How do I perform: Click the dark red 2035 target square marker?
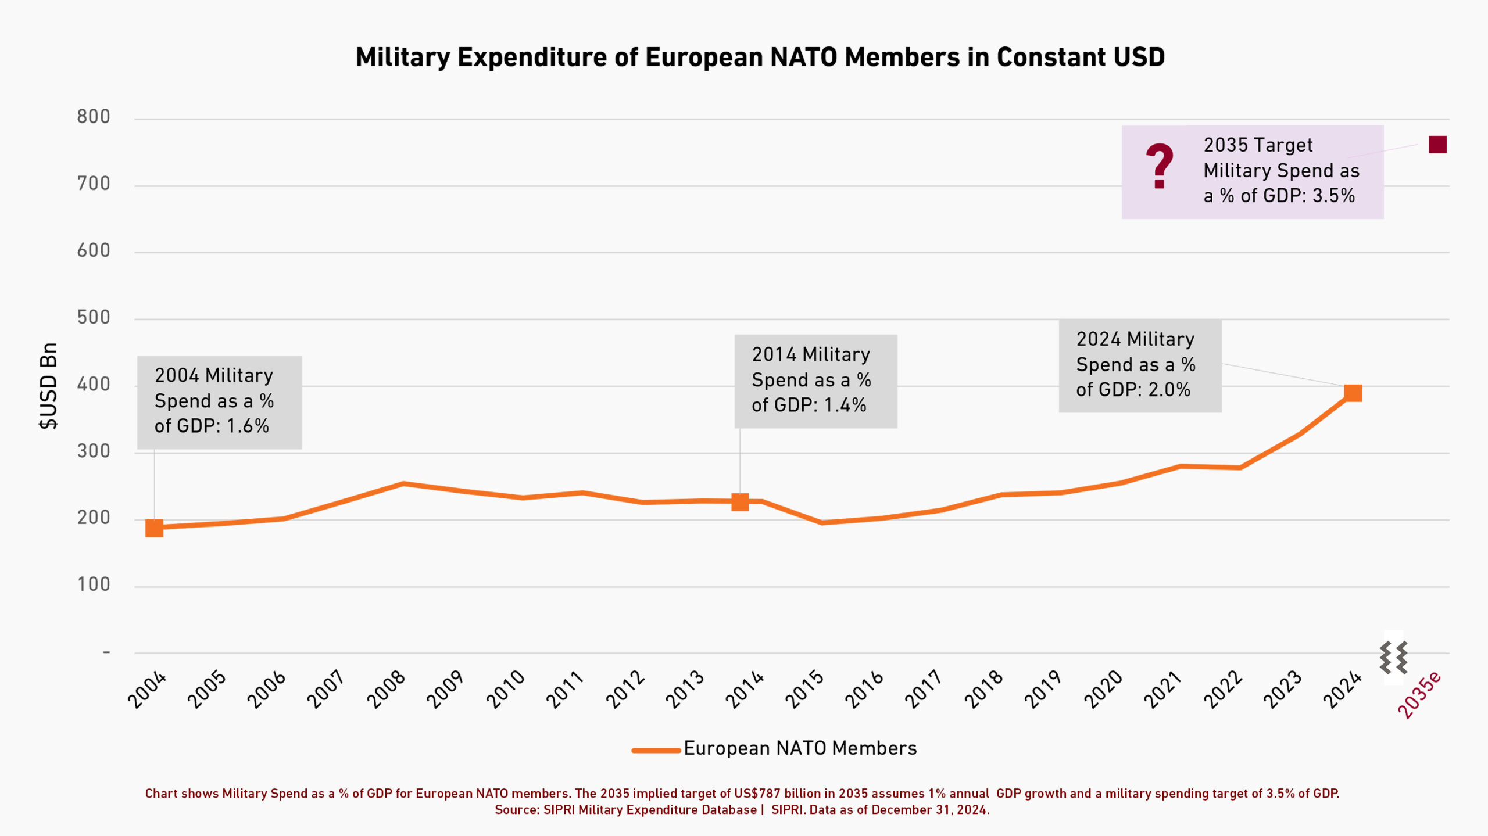pyautogui.click(x=1437, y=145)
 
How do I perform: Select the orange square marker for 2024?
pyautogui.click(x=1353, y=393)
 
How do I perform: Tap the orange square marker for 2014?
pyautogui.click(x=739, y=502)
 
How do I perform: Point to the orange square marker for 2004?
pyautogui.click(x=154, y=528)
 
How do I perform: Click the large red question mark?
pyautogui.click(x=1159, y=166)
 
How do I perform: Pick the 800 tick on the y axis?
pyautogui.click(x=94, y=117)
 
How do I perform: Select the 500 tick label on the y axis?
pyautogui.click(x=94, y=317)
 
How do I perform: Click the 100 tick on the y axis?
pyautogui.click(x=94, y=584)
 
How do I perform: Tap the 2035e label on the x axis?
pyautogui.click(x=1419, y=695)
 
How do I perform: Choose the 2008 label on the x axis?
pyautogui.click(x=386, y=689)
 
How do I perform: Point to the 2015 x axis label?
pyautogui.click(x=804, y=689)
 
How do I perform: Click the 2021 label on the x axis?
pyautogui.click(x=1162, y=689)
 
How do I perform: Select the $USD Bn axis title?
pyautogui.click(x=49, y=386)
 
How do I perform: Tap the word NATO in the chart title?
pyautogui.click(x=804, y=58)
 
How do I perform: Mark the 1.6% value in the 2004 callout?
pyautogui.click(x=248, y=426)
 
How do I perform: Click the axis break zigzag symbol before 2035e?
pyautogui.click(x=1393, y=658)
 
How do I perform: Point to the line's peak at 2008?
pyautogui.click(x=403, y=483)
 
